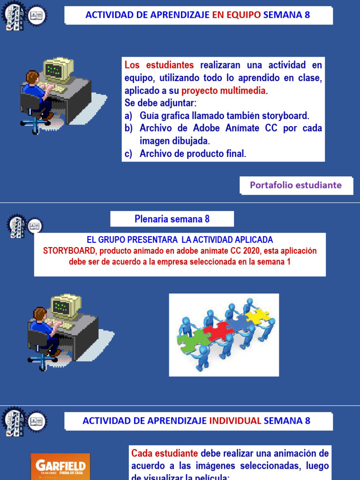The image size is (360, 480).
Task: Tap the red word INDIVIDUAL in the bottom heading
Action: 235,420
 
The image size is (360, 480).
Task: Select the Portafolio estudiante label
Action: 295,185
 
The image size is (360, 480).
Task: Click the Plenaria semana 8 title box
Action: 172,219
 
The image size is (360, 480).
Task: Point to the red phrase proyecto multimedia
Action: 224,90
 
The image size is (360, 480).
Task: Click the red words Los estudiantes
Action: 159,65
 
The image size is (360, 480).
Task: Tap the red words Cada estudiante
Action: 165,453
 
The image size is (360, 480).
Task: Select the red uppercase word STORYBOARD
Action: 69,251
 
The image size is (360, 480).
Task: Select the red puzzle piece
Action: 218,331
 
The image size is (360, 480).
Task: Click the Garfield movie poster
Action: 60,466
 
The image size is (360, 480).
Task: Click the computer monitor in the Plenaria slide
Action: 65,307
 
